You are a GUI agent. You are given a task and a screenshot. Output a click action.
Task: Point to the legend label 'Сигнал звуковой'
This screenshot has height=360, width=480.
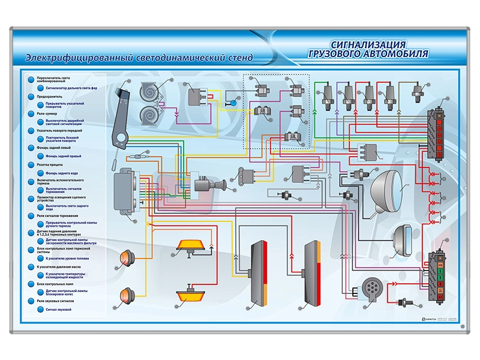coord(59,310)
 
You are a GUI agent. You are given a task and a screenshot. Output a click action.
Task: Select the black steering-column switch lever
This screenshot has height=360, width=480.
coord(123,114)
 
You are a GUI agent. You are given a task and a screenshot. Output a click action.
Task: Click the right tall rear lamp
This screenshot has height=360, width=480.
coord(313,274)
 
